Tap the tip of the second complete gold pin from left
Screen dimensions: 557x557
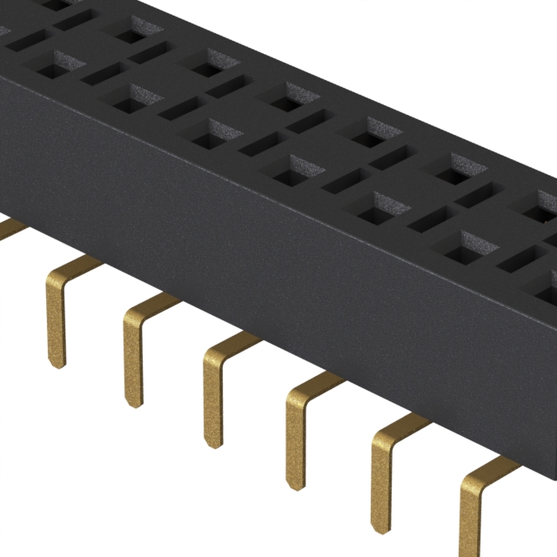coord(133,399)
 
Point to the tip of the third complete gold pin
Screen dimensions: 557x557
coord(214,441)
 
